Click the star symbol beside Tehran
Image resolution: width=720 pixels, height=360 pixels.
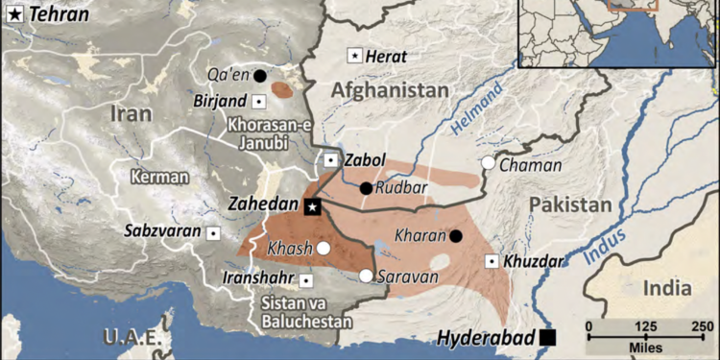coord(13,14)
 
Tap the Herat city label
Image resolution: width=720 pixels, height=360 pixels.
coord(385,58)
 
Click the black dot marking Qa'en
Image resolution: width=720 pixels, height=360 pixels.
coord(260,75)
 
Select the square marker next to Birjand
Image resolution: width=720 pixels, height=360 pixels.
coord(259,101)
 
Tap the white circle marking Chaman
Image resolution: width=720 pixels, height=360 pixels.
coord(489,163)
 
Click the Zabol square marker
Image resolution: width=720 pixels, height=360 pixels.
coord(330,160)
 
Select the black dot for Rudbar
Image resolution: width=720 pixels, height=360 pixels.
coord(366,188)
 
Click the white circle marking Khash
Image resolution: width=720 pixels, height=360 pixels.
coord(324,248)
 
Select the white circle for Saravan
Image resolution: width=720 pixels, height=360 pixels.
coord(366,276)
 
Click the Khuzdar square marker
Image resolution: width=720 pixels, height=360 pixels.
coord(492,261)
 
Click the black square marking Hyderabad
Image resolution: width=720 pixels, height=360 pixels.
coord(547,337)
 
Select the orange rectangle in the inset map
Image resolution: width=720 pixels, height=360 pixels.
coord(633,4)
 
